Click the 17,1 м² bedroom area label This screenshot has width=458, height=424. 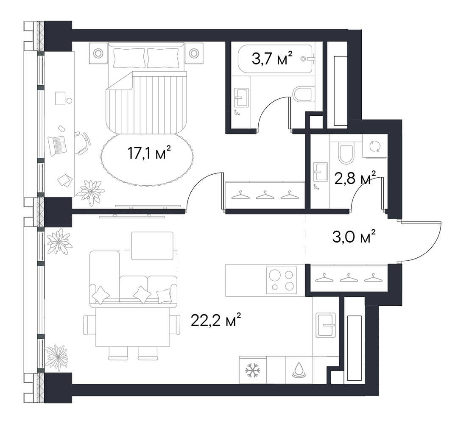(x=149, y=153)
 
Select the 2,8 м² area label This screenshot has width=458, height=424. (x=355, y=178)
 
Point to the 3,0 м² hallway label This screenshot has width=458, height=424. (x=354, y=237)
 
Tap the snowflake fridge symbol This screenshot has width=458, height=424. (x=253, y=370)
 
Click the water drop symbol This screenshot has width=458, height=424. (x=299, y=370)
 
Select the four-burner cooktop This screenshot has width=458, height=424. (x=281, y=280)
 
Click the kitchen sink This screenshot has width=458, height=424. (x=326, y=325)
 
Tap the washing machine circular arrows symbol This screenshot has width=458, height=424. (x=375, y=146)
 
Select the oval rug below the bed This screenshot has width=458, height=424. (x=148, y=159)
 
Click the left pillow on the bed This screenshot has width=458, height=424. (x=129, y=58)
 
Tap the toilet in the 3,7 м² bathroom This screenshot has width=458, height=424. (x=304, y=94)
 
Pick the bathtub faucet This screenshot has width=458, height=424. (x=308, y=59)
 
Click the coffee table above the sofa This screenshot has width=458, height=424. (x=152, y=246)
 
